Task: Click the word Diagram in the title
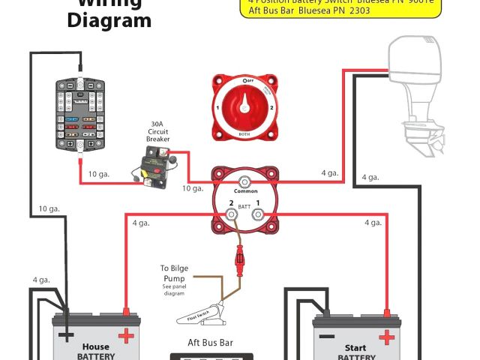(x=109, y=20)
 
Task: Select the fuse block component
(x=80, y=117)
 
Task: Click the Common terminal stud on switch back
(x=244, y=181)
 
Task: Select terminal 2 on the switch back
(x=232, y=215)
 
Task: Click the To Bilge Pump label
(x=174, y=272)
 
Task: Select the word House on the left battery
(x=96, y=347)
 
